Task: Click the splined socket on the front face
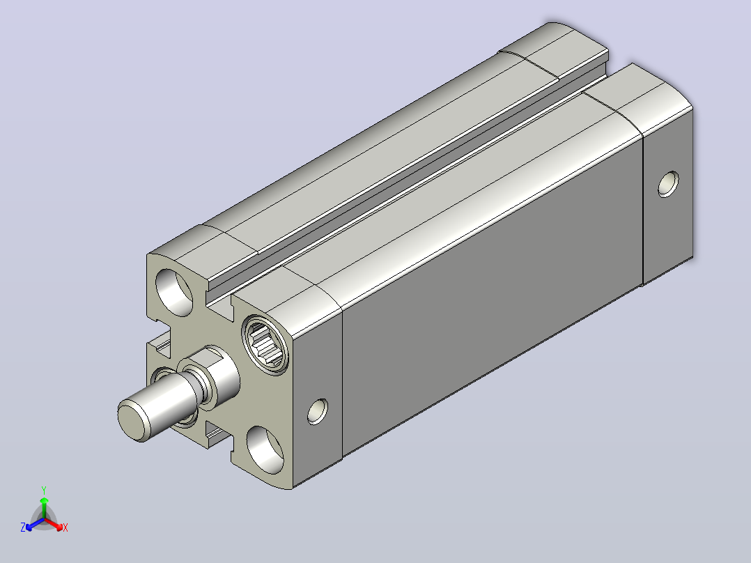[266, 344]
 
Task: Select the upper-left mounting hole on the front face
[174, 292]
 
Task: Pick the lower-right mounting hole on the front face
[265, 449]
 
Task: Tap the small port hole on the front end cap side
[318, 411]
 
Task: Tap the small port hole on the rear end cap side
[668, 184]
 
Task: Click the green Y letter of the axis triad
[44, 490]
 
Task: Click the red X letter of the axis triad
[65, 527]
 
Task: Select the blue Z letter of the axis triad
[23, 527]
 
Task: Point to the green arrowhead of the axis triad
[44, 501]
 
